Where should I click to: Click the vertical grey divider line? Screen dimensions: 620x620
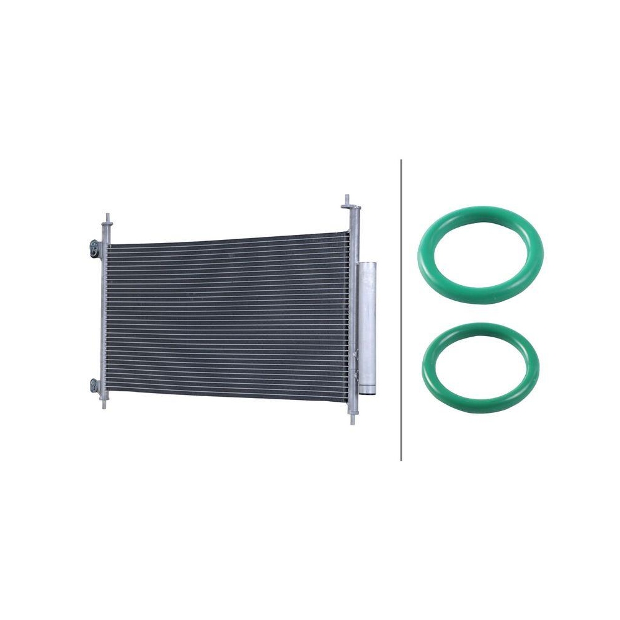(401, 310)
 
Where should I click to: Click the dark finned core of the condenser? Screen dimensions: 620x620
(223, 316)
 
